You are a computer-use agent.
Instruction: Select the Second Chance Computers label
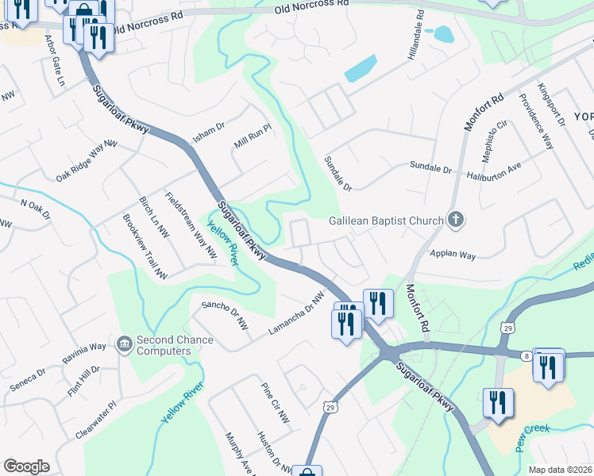click(x=175, y=346)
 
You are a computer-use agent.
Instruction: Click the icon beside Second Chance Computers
click(x=125, y=344)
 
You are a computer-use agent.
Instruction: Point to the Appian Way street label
click(x=452, y=255)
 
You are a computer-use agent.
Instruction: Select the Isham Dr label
click(x=210, y=131)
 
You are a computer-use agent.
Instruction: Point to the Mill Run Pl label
click(x=253, y=139)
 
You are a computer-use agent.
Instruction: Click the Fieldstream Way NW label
click(x=191, y=225)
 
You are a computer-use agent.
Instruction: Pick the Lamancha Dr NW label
click(x=297, y=313)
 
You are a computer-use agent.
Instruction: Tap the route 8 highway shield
click(x=526, y=356)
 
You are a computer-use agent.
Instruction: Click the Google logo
click(x=26, y=466)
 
